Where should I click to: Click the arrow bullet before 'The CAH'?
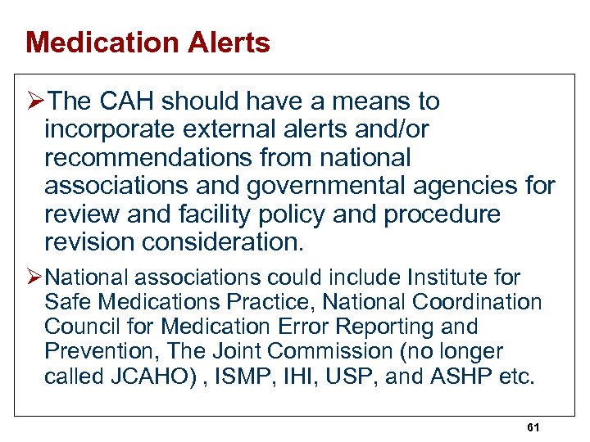click(x=35, y=101)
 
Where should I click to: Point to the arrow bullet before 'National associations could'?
click(x=35, y=278)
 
